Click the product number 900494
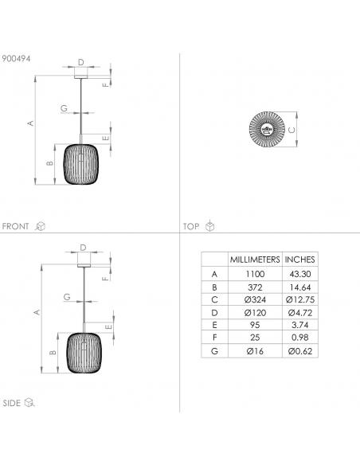16,58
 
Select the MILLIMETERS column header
255,260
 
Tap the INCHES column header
299,260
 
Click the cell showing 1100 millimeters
255,274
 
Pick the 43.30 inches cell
300,274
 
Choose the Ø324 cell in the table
255,299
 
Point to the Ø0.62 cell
300,351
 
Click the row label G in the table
214,351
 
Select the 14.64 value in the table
300,287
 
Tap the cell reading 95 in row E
255,325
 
